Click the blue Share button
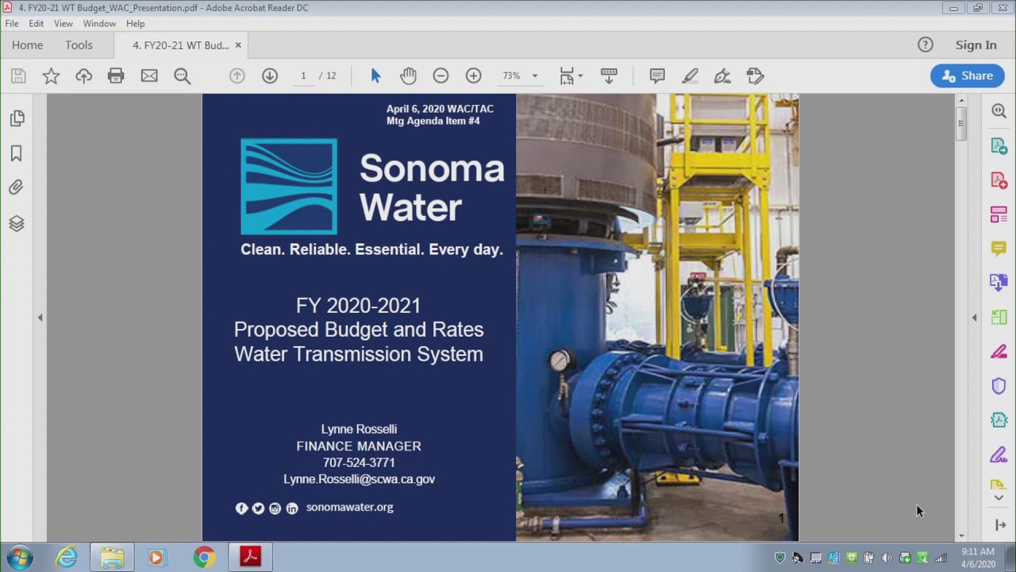coord(967,75)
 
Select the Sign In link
coord(976,45)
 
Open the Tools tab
coord(79,45)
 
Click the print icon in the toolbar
coord(116,75)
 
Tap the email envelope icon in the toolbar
coord(149,75)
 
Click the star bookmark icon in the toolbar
coord(51,75)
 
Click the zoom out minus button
coord(441,75)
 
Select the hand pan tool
coord(408,75)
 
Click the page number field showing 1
coord(303,75)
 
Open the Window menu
coord(99,24)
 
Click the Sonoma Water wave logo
coord(289,187)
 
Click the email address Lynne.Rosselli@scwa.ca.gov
coord(359,479)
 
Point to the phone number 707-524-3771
coord(359,462)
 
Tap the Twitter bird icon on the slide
coord(258,508)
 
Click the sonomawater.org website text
coord(349,507)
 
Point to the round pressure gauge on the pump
coord(560,361)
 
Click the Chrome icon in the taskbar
coord(204,558)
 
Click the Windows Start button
coord(19,558)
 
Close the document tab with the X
coord(238,45)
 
